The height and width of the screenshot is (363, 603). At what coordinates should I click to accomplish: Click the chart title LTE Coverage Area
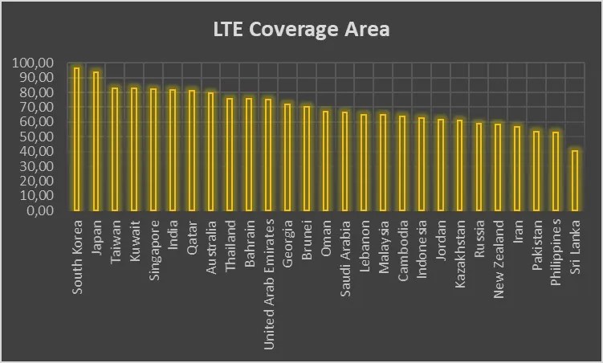pyautogui.click(x=301, y=31)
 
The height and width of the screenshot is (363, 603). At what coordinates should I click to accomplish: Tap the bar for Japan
pyautogui.click(x=96, y=141)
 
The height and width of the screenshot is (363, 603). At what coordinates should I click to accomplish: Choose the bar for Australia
pyautogui.click(x=211, y=151)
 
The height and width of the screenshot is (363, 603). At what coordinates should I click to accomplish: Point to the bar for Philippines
pyautogui.click(x=556, y=171)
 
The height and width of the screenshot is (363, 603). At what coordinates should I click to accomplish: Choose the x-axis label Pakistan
pyautogui.click(x=536, y=250)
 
